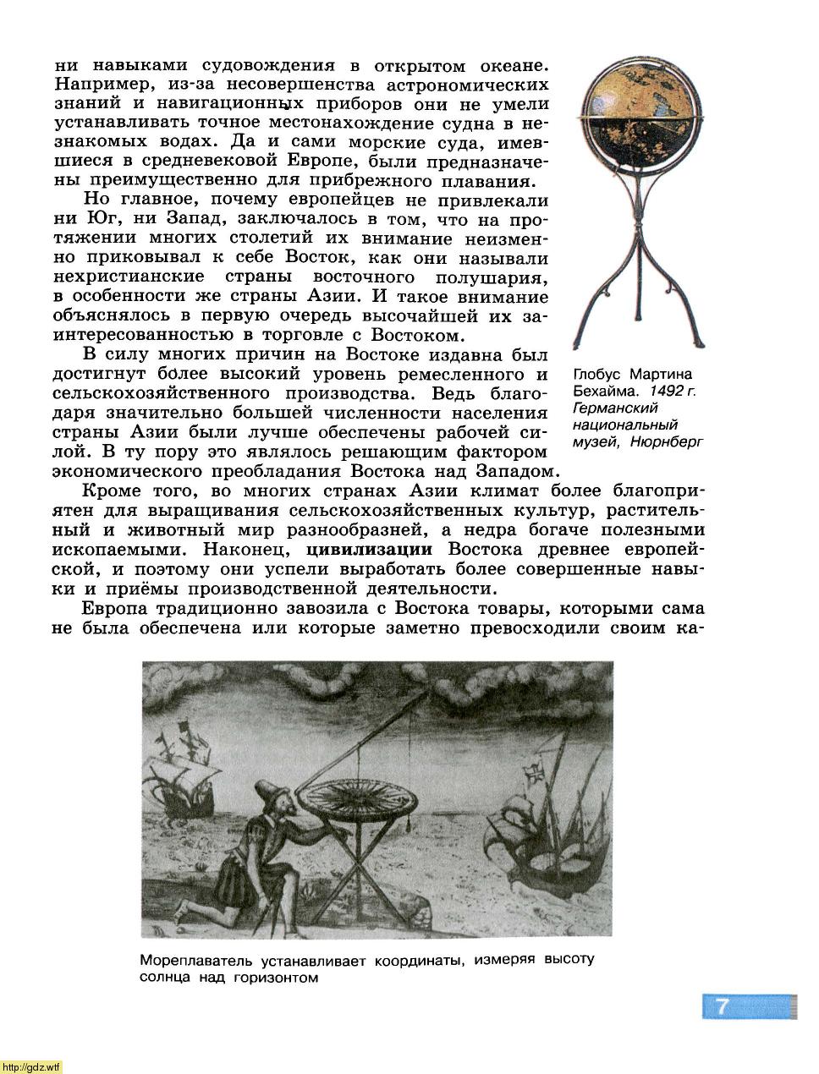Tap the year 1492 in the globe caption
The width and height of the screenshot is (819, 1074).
(665, 391)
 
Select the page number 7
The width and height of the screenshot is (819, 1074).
(722, 1006)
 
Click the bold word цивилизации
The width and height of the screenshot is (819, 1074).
(369, 549)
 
